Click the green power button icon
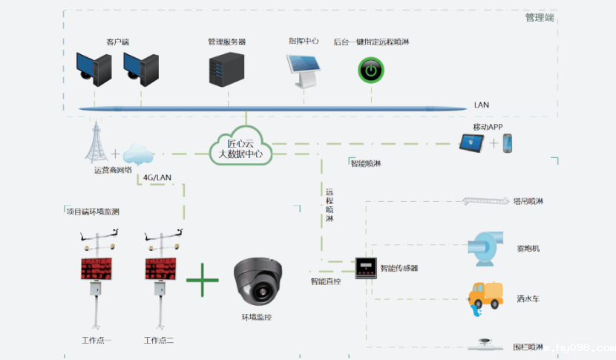pos(370,71)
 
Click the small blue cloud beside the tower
pos(137,154)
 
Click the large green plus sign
pos(203,281)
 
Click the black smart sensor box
pos(366,268)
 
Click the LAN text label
pos(481,105)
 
